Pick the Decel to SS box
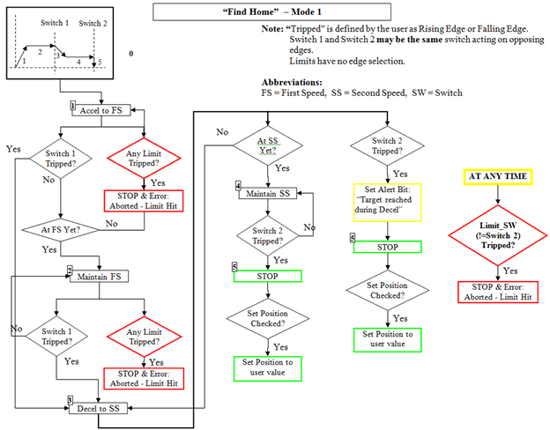coord(104,407)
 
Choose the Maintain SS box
coord(271,192)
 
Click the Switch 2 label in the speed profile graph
coord(93,22)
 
